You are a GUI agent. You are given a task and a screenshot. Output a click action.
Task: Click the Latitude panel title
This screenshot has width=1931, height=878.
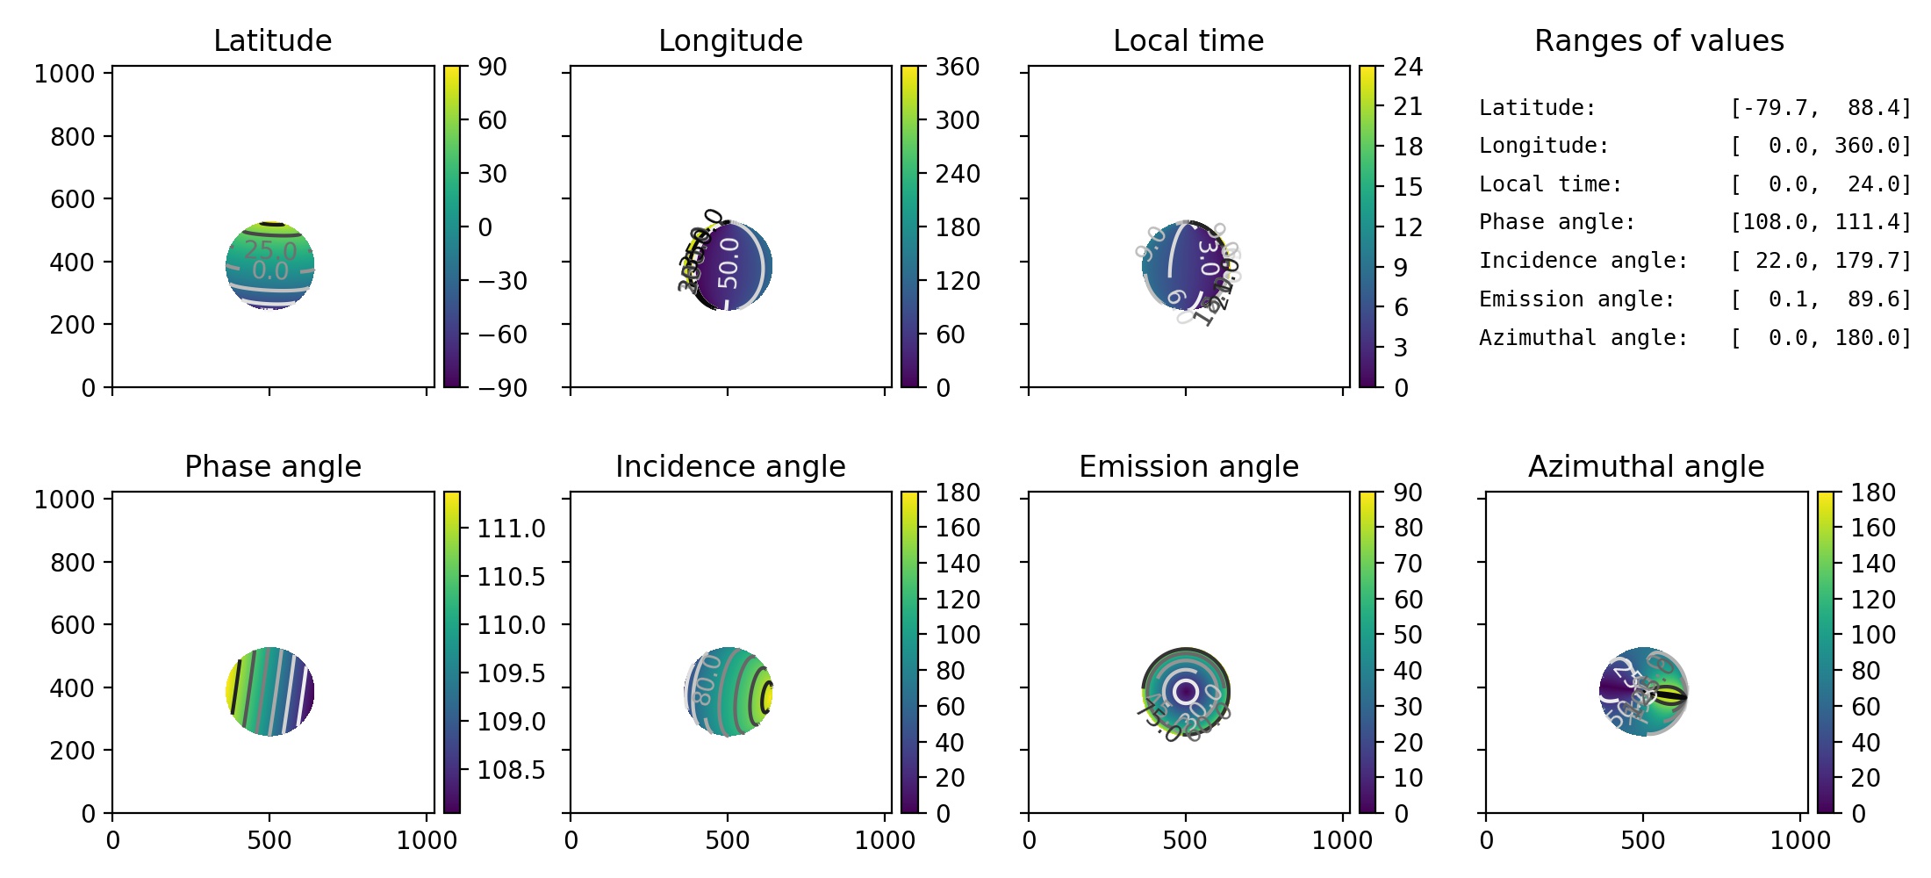[272, 40]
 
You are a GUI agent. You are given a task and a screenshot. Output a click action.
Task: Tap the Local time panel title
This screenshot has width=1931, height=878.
[1188, 40]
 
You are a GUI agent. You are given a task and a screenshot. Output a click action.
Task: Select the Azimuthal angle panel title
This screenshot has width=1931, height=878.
[1646, 466]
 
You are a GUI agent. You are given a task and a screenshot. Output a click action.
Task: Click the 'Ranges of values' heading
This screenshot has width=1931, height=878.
[1659, 40]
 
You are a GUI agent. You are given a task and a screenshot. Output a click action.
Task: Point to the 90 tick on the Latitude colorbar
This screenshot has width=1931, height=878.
[492, 67]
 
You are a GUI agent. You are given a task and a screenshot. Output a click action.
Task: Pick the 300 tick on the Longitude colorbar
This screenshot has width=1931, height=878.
[957, 120]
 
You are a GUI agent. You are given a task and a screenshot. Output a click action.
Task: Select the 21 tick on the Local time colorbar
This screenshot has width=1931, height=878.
[1408, 106]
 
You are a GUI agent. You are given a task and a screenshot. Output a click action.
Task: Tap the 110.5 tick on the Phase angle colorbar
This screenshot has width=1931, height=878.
[511, 577]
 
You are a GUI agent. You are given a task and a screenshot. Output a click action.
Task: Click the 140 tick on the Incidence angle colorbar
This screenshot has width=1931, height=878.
[957, 564]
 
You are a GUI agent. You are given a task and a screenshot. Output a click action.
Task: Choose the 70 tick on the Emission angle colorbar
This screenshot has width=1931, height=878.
[1408, 564]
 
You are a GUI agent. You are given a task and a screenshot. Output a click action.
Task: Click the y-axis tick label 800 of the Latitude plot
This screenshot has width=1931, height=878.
[72, 136]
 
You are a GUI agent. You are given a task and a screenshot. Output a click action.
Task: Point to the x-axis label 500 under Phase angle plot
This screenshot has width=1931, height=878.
[269, 840]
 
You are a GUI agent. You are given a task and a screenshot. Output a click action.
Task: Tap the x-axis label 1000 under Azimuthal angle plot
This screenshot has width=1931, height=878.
[1800, 840]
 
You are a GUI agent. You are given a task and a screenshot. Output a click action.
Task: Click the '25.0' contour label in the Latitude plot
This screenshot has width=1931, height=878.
[270, 250]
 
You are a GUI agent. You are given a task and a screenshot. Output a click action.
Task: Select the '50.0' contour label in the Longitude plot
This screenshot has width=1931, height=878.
[729, 262]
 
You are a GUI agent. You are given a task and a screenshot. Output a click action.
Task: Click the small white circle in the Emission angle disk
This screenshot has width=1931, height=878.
[1186, 691]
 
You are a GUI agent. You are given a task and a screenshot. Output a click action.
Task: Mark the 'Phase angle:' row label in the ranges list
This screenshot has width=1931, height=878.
[1557, 222]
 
